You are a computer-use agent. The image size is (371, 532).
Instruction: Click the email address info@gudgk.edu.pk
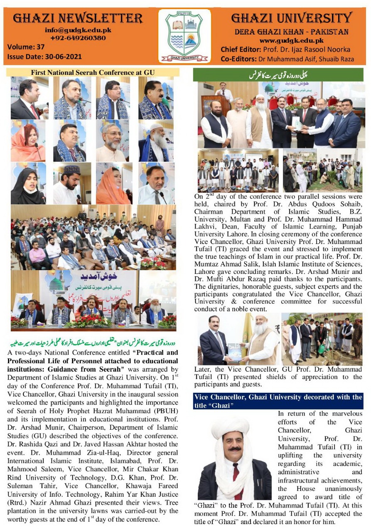click(78, 30)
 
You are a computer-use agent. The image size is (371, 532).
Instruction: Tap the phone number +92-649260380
click(78, 38)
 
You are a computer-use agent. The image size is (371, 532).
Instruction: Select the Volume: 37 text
click(26, 47)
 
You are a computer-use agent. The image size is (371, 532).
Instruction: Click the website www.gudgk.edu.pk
click(291, 40)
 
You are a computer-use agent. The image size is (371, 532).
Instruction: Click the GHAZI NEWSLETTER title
click(78, 18)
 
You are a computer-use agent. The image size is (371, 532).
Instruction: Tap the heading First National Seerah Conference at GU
click(93, 72)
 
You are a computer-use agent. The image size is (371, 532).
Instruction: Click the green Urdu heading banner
click(278, 75)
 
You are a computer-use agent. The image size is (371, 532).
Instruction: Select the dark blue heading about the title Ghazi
click(278, 401)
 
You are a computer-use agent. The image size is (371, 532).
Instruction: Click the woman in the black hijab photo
click(28, 183)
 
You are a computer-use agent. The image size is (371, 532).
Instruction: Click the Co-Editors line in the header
click(287, 59)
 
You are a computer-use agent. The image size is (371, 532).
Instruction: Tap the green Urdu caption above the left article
click(93, 344)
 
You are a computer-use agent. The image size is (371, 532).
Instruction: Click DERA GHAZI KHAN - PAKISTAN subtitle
click(291, 32)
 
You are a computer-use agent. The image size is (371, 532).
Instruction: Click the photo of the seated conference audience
click(93, 237)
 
